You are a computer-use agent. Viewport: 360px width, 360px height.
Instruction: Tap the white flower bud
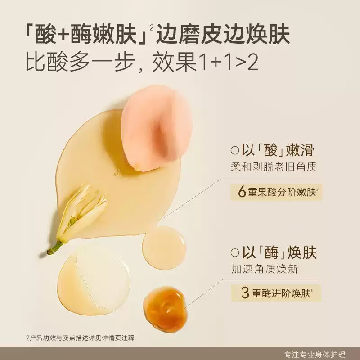85,211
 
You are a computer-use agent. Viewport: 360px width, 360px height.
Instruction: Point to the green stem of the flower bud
55,247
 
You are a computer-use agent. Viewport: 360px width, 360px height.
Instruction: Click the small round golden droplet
164,247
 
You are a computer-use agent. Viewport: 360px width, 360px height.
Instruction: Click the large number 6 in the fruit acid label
241,192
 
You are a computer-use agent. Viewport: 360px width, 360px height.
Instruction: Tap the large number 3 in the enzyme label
245,293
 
